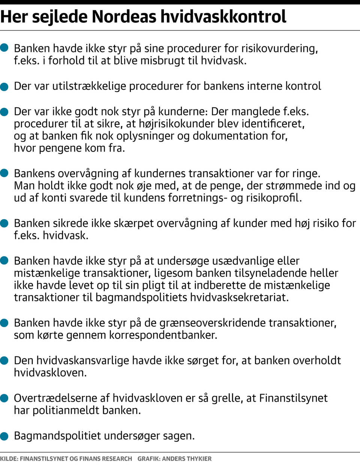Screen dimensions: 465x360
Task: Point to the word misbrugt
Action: click(163, 61)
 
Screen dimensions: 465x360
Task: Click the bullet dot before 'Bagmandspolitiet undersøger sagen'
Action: click(4, 436)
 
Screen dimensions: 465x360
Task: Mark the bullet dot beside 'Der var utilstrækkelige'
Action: click(4, 87)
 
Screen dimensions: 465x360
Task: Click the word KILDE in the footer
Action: click(8, 459)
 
